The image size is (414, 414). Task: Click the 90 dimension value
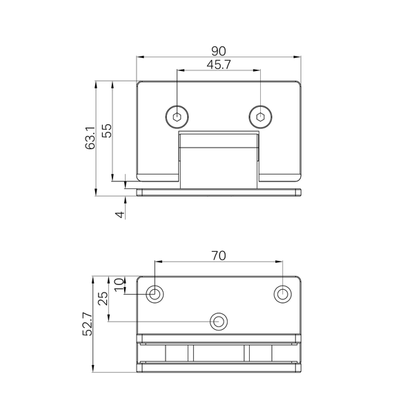[219, 51]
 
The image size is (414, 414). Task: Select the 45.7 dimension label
[219, 65]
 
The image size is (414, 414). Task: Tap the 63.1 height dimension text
[90, 138]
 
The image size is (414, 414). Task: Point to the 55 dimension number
[107, 130]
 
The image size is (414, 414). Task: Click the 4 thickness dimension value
[120, 215]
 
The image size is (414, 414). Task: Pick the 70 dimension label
[219, 255]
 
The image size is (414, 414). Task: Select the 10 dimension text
[119, 284]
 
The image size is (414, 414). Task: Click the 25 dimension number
[103, 298]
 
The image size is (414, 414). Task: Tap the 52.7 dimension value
[88, 324]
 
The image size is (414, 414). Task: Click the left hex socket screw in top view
[177, 117]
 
